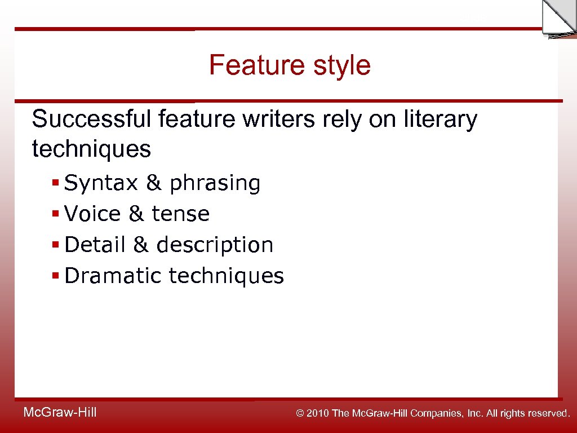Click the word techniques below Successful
pos(92,149)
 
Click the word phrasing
pos(215,184)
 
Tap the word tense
pos(181,214)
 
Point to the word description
pos(215,245)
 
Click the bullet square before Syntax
pos(55,184)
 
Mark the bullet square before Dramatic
pos(55,276)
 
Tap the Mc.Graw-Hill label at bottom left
pos(60,413)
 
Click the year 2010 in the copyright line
pos(319,413)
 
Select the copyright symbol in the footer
pos(300,413)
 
